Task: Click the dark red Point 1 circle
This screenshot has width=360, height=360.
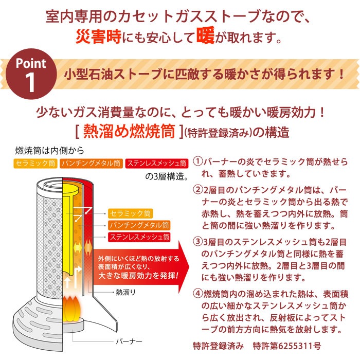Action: point(31,74)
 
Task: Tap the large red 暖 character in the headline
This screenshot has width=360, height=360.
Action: point(206,35)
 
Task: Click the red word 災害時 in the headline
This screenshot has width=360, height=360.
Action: point(99,37)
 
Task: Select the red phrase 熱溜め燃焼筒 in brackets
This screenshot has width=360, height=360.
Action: point(129,131)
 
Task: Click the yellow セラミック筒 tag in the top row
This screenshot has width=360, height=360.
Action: point(35,164)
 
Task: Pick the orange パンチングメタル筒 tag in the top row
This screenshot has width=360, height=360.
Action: point(92,164)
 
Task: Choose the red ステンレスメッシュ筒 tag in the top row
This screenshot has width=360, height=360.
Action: point(157,164)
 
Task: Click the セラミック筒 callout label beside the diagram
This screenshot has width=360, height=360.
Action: point(130,213)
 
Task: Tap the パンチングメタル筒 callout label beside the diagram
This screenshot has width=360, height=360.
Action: point(139,225)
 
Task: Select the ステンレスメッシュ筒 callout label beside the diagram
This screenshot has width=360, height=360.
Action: point(139,237)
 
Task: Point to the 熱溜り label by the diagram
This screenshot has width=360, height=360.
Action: point(125,292)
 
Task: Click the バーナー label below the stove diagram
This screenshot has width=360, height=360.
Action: point(129,341)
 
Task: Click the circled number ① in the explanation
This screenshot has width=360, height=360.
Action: point(197,161)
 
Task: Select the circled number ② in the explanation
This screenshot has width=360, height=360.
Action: point(197,190)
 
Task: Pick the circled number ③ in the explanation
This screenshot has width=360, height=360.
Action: point(197,242)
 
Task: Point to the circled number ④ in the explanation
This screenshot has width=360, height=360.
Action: point(197,294)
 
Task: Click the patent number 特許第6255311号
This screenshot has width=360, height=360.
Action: point(287,346)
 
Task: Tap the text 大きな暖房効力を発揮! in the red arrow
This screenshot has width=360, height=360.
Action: point(138,276)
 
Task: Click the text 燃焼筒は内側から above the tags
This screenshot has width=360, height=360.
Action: point(49,151)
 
